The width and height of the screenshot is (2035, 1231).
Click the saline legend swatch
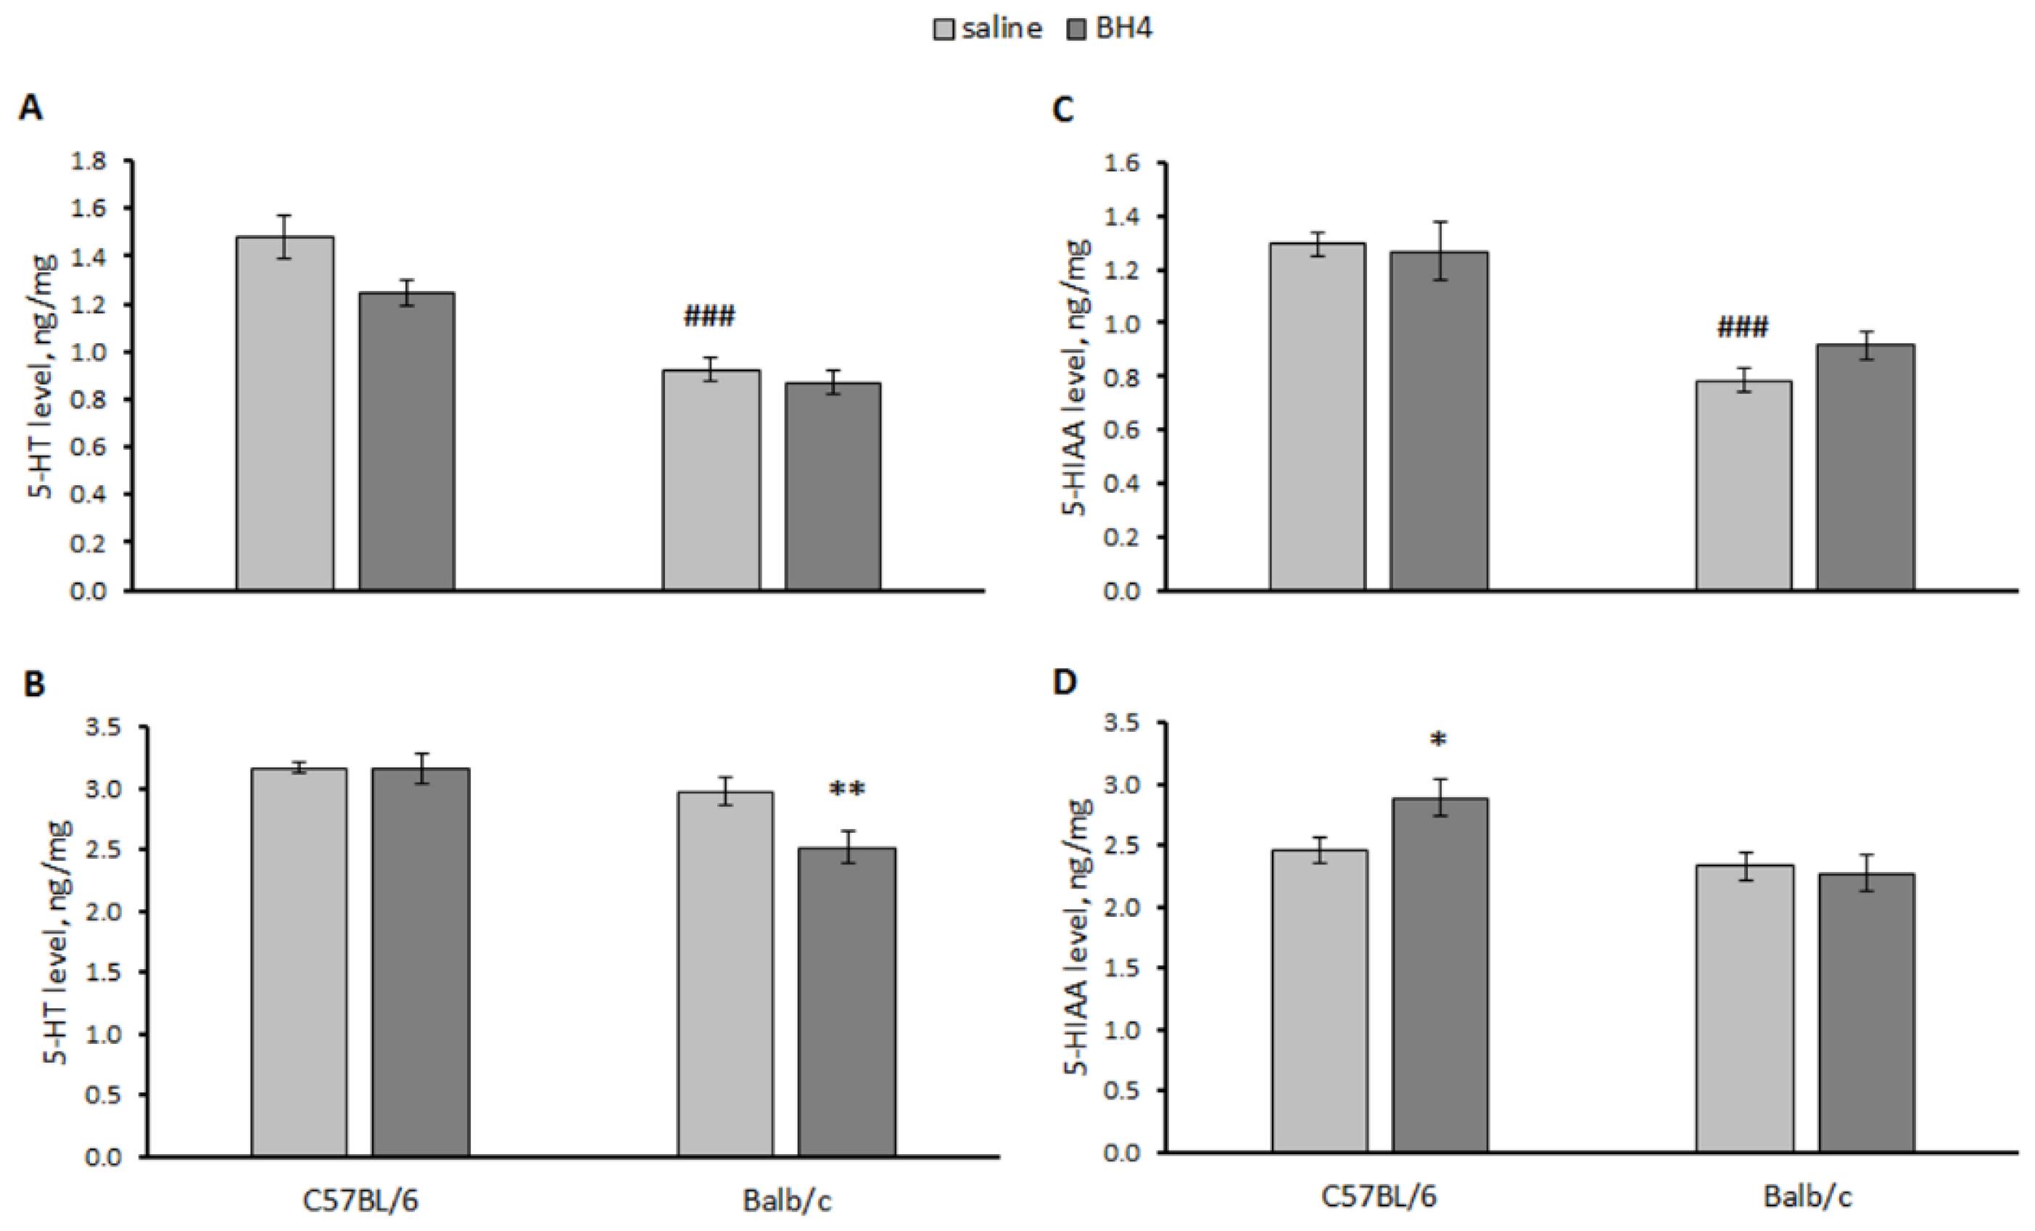coord(944,30)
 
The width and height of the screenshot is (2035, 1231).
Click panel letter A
coord(30,108)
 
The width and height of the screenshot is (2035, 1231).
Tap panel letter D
coord(1065,683)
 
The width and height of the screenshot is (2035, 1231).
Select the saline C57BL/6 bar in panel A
coord(285,413)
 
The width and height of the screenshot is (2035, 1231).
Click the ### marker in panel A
coord(709,316)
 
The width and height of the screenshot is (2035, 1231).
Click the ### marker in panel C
coord(1743,328)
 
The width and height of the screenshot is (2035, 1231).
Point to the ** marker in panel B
coord(846,791)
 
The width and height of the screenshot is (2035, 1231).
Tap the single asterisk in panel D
coord(1439,740)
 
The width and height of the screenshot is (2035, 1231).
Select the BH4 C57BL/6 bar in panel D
coord(1440,975)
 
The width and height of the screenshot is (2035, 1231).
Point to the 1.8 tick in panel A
coord(88,161)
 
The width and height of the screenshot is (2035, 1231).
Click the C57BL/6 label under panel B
coord(360,1201)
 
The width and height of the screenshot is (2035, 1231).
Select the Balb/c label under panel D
coord(1808,1197)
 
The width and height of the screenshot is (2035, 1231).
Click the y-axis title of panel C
coord(1077,377)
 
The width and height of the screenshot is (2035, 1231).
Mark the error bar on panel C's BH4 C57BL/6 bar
coord(1440,250)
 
